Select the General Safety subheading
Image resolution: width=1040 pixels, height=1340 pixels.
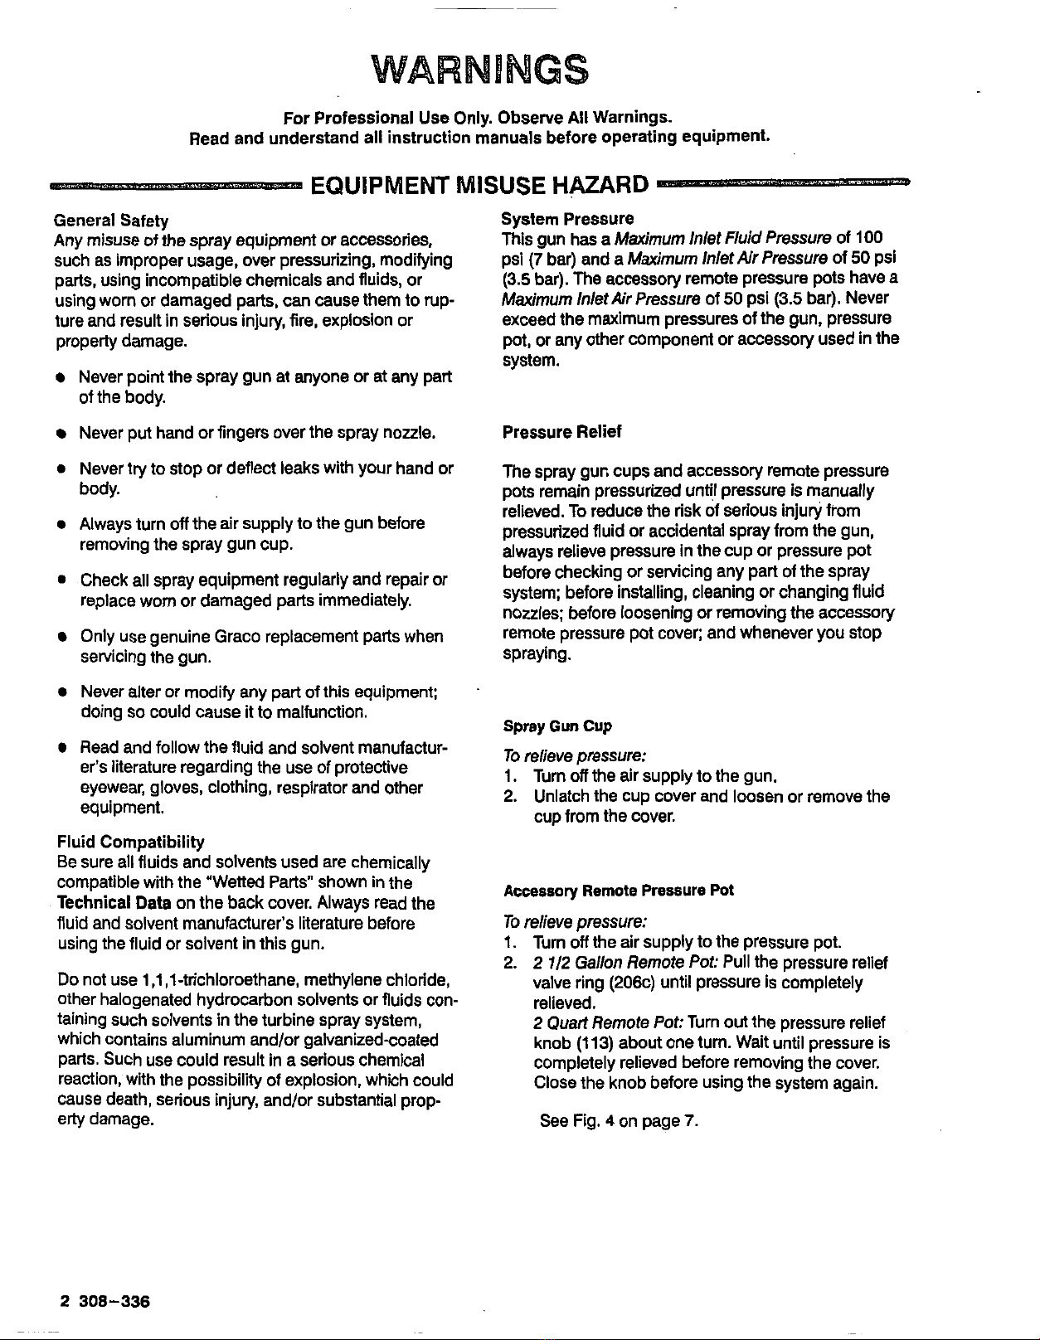point(111,221)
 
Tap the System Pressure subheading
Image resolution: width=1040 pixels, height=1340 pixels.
point(567,219)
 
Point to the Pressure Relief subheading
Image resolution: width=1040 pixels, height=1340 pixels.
point(561,432)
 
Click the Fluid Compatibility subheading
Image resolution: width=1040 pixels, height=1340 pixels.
point(129,842)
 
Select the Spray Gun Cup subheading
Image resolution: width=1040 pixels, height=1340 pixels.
point(557,726)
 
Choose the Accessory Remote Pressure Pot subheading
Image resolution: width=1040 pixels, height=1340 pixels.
point(618,891)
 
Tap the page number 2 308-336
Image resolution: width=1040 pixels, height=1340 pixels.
point(104,1301)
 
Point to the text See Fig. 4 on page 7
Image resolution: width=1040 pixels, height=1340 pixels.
point(619,1122)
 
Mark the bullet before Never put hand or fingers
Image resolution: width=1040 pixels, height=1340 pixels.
point(61,434)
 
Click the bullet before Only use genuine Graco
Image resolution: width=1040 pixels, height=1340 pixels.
point(61,638)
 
